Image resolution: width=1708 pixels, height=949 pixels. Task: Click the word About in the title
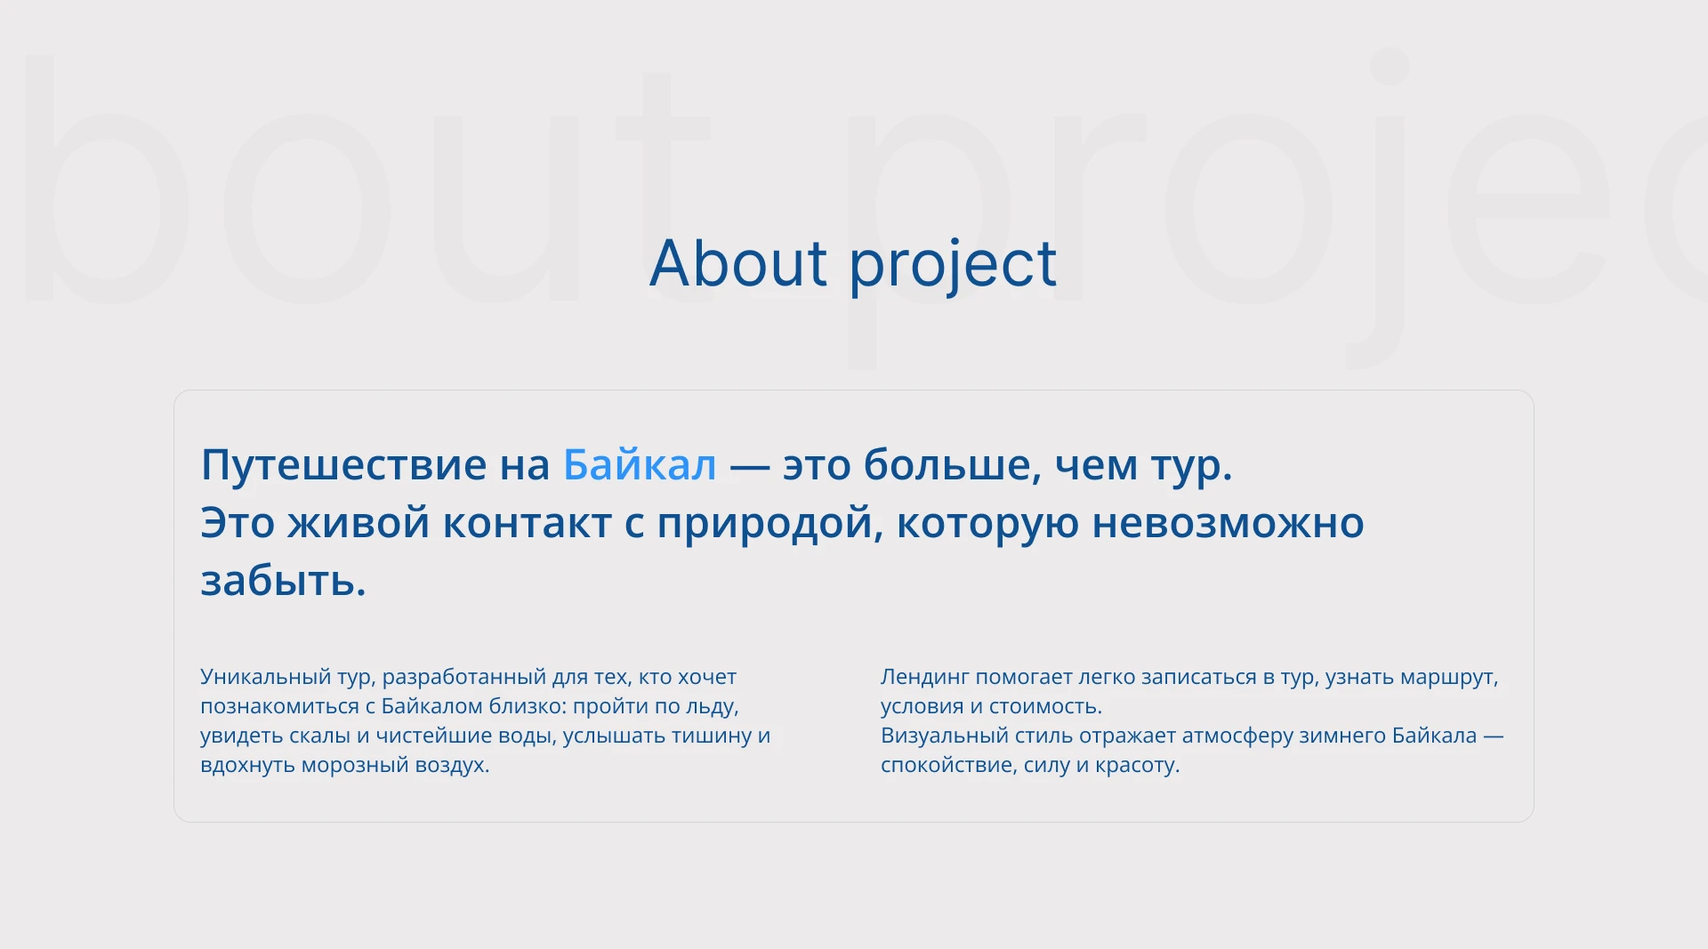(x=738, y=263)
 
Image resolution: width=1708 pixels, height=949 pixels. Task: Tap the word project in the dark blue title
(x=953, y=265)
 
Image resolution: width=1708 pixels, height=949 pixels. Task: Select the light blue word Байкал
(x=640, y=464)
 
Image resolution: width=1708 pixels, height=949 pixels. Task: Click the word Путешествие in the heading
(x=343, y=465)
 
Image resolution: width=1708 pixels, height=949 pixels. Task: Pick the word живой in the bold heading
(x=359, y=523)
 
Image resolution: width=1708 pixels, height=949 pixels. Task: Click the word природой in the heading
(x=769, y=523)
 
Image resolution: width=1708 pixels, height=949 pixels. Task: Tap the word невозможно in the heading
(x=1228, y=523)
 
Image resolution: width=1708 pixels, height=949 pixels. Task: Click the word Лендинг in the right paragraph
(x=924, y=677)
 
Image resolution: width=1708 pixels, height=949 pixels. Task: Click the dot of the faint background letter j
(x=1389, y=67)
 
